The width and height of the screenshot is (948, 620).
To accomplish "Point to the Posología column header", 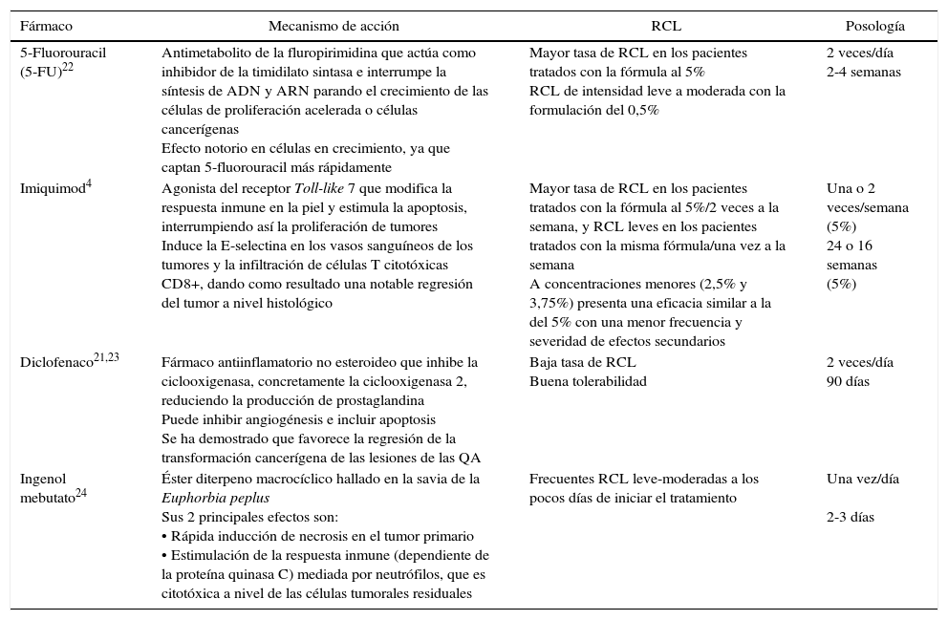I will [873, 27].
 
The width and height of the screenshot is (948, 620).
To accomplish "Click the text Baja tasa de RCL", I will [582, 363].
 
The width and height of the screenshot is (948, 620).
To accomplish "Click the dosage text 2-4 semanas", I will [863, 72].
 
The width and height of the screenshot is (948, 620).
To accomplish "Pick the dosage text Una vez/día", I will [862, 479].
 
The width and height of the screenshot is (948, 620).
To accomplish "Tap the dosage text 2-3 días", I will [850, 517].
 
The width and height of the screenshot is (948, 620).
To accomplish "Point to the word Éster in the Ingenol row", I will [178, 479].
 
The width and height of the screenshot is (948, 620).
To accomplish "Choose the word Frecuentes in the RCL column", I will [564, 479].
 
